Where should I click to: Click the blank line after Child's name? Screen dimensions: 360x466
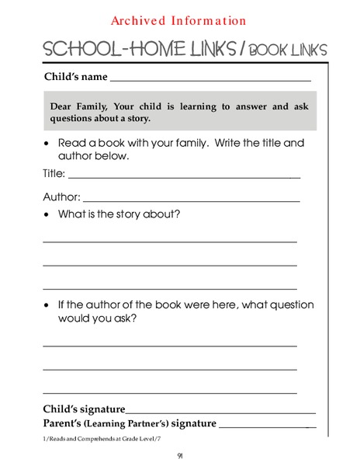pos(210,78)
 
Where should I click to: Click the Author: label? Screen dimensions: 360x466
pos(61,197)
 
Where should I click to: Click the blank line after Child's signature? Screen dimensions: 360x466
pos(221,412)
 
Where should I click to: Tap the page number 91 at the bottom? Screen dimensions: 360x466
pos(180,455)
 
